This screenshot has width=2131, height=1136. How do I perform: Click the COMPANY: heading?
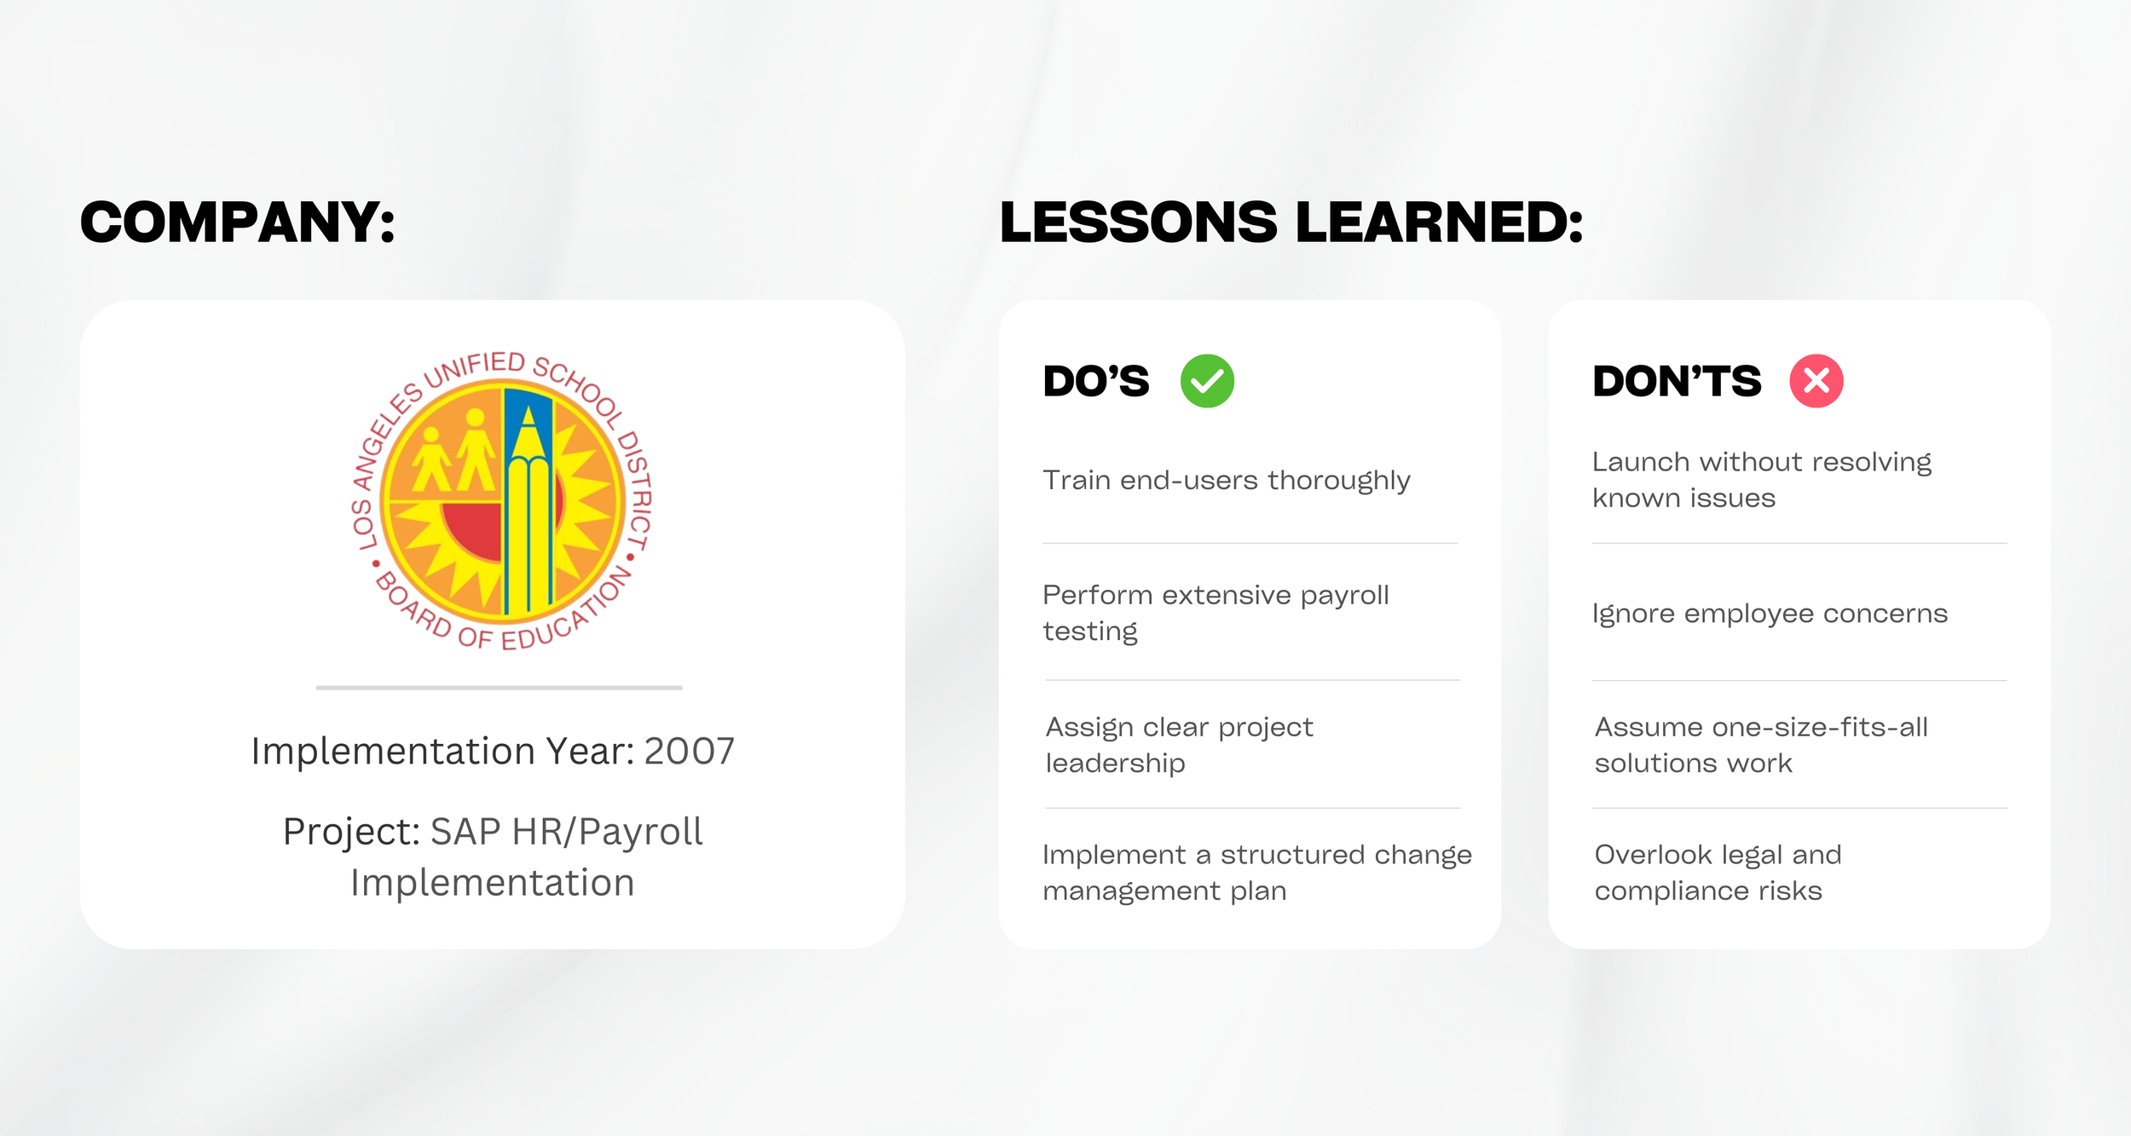(x=237, y=222)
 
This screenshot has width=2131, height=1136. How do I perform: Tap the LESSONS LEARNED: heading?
(x=1291, y=222)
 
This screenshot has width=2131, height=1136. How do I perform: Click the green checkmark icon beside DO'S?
(x=1207, y=381)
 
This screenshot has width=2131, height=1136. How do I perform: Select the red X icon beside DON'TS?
(x=1816, y=381)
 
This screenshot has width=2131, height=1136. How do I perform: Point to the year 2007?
(x=689, y=751)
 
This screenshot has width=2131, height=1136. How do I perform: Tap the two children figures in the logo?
(x=453, y=452)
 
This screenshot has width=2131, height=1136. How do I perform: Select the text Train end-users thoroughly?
(x=1226, y=481)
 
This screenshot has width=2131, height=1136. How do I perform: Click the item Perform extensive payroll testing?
(x=1216, y=613)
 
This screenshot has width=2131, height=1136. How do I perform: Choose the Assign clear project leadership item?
(x=1179, y=745)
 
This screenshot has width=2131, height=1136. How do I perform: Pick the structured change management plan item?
(x=1256, y=873)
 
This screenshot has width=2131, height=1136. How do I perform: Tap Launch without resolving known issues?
(x=1761, y=480)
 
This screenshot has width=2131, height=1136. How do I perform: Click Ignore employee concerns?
(x=1770, y=614)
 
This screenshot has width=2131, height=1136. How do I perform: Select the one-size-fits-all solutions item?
(x=1761, y=745)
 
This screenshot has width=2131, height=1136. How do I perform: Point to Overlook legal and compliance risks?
(x=1717, y=873)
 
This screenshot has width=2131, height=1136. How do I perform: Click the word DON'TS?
(x=1676, y=381)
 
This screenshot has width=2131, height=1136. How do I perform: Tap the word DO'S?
(x=1096, y=381)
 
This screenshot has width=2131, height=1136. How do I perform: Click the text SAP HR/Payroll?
(x=567, y=832)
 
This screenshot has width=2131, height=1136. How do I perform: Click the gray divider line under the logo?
(x=499, y=688)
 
